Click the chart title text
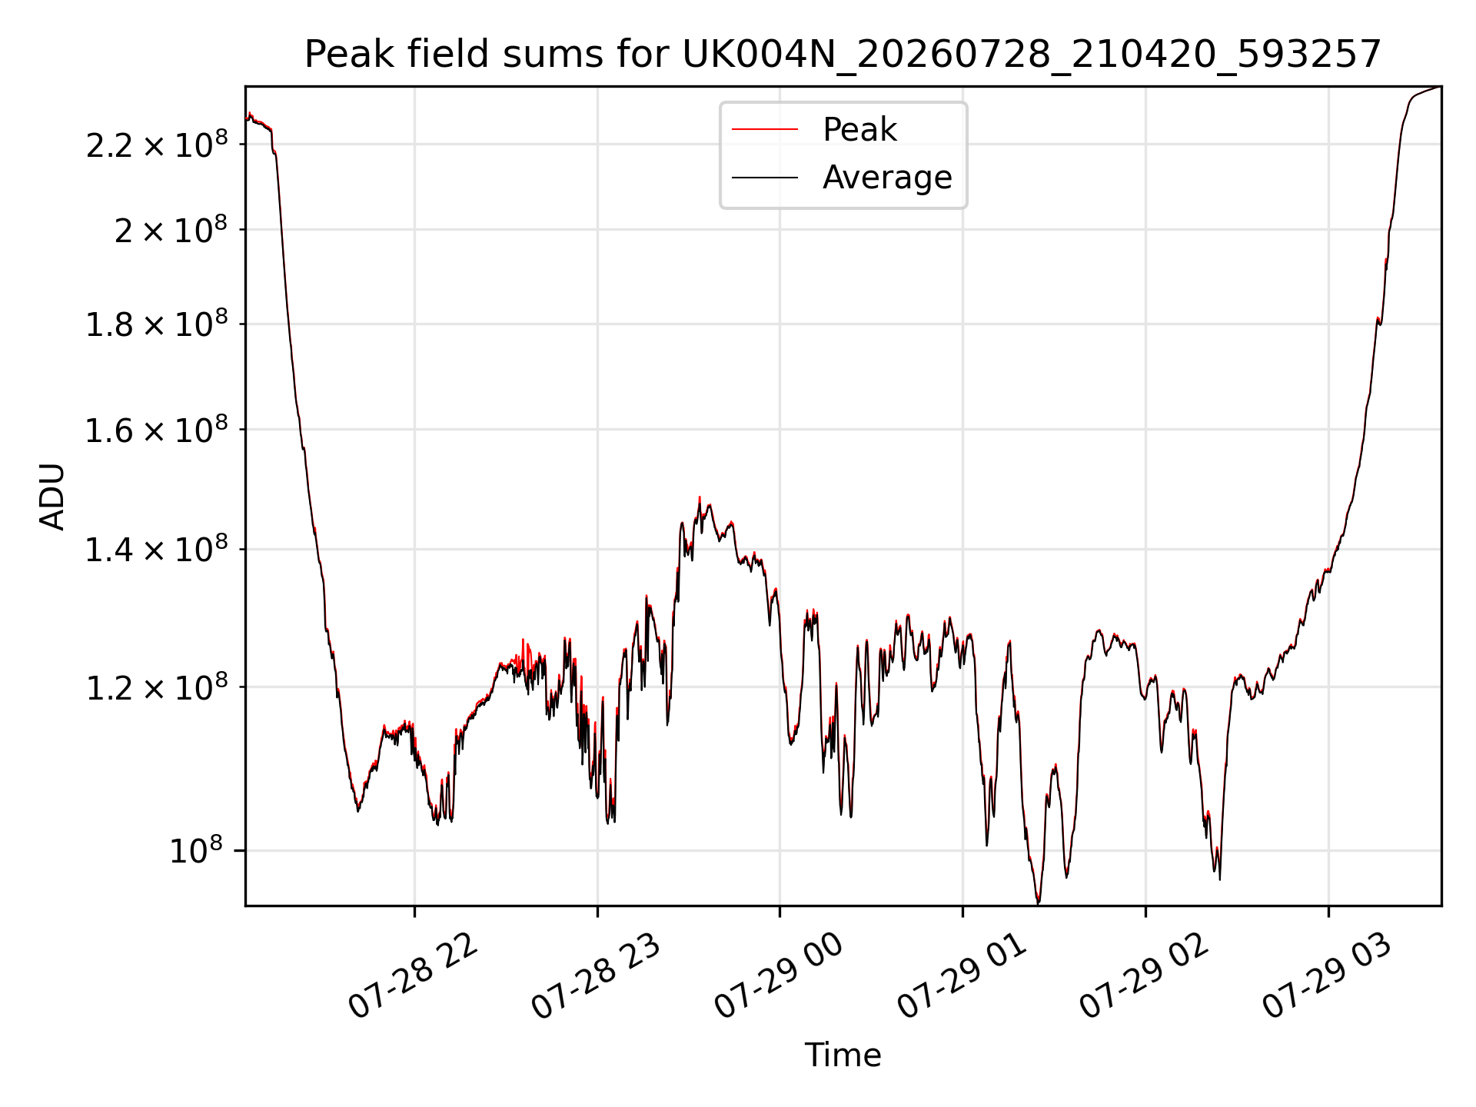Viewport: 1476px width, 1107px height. click(843, 55)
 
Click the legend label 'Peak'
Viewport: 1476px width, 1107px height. click(859, 130)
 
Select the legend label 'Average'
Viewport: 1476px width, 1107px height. click(887, 178)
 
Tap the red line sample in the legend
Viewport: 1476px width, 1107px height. click(765, 130)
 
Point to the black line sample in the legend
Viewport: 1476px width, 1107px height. click(765, 178)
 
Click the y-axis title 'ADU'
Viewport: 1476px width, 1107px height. click(52, 497)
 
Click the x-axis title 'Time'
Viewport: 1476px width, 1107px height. click(843, 1055)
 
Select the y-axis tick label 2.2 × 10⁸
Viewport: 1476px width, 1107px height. click(157, 145)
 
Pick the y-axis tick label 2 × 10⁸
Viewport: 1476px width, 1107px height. click(171, 229)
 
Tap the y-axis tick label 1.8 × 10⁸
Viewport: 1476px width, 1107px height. click(157, 324)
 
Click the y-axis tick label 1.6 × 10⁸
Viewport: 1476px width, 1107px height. click(157, 430)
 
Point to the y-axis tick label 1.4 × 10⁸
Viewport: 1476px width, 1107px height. click(157, 550)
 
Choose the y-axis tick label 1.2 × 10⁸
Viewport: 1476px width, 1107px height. click(157, 687)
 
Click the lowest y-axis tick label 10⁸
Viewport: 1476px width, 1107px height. click(196, 850)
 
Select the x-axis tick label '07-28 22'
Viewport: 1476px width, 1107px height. click(414, 976)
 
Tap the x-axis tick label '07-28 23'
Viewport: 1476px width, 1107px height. click(597, 976)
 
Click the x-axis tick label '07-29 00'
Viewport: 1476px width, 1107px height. click(780, 976)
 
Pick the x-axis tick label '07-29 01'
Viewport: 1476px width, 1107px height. click(962, 976)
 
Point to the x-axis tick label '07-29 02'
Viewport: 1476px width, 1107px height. click(1145, 976)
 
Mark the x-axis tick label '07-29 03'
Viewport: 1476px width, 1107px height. click(1328, 976)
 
